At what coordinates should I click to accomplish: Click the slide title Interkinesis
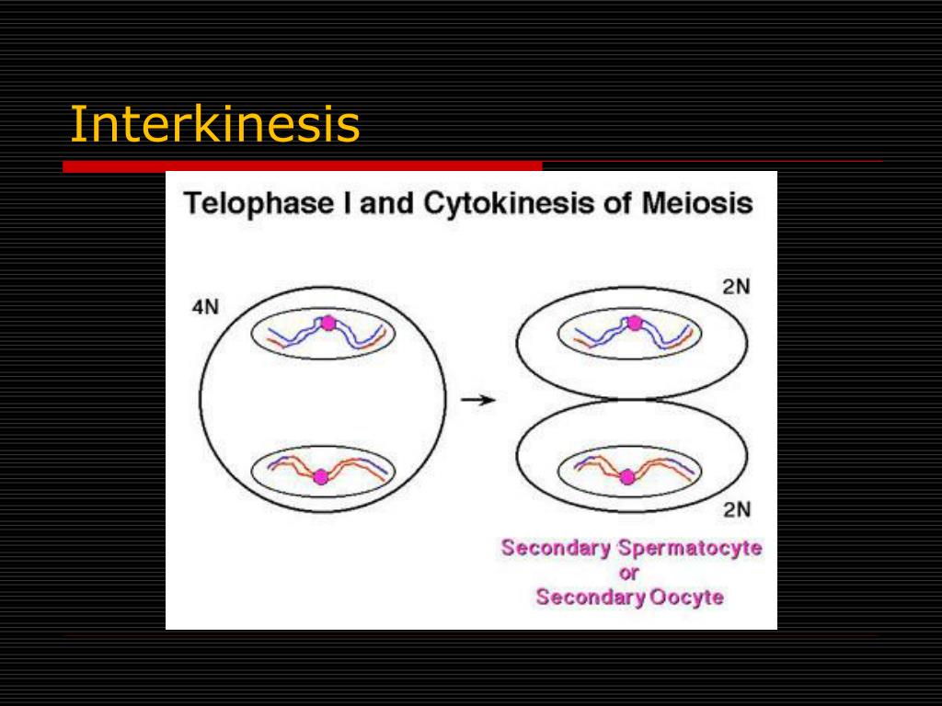coord(214,124)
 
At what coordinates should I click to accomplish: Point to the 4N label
coord(205,307)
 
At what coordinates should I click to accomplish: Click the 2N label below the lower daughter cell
coord(736,509)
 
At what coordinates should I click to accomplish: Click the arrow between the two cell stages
coord(477,400)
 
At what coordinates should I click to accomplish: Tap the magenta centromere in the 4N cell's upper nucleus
coord(328,323)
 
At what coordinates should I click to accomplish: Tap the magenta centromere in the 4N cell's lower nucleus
coord(320,476)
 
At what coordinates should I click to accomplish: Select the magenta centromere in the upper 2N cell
coord(634,323)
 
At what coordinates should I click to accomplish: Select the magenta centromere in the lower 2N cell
coord(627,476)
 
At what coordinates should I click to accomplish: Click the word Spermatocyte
coord(690,549)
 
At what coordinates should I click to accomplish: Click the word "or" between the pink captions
coord(630,573)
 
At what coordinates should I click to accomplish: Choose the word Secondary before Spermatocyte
coord(556,549)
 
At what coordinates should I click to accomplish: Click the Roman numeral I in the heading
coord(348,203)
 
